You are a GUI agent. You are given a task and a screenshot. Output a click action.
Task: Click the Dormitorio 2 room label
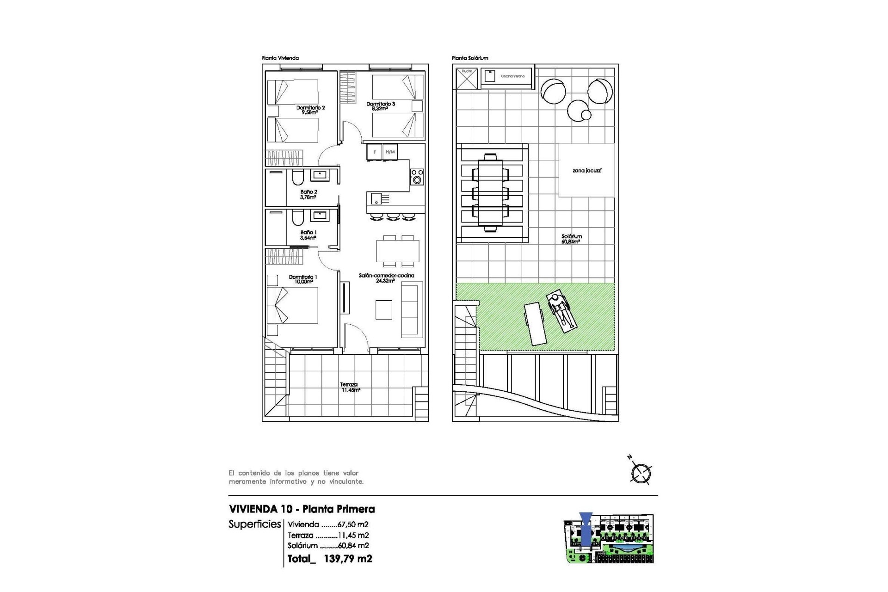pyautogui.click(x=310, y=107)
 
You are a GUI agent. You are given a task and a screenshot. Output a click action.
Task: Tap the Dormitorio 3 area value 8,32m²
pyautogui.click(x=380, y=109)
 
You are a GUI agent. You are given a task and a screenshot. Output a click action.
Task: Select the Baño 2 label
pyautogui.click(x=308, y=191)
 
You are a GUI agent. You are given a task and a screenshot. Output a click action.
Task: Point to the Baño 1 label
pyautogui.click(x=308, y=232)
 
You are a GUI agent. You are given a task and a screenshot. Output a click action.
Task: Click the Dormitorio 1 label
pyautogui.click(x=303, y=277)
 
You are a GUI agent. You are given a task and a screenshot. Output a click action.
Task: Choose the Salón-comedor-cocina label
pyautogui.click(x=386, y=275)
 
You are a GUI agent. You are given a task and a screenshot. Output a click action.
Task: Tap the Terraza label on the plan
pyautogui.click(x=349, y=384)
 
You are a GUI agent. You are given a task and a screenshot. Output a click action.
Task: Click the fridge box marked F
pyautogui.click(x=375, y=152)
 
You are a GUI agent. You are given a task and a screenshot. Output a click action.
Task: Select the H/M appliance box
pyautogui.click(x=390, y=152)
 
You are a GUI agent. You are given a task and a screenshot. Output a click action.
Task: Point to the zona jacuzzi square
pyautogui.click(x=586, y=171)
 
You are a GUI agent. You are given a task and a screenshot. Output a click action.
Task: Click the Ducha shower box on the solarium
pyautogui.click(x=467, y=78)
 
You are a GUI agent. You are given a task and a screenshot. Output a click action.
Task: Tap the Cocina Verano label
pyautogui.click(x=512, y=76)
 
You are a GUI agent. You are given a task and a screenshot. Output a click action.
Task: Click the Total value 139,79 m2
pyautogui.click(x=348, y=559)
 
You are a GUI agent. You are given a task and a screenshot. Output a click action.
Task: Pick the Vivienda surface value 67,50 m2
pyautogui.click(x=351, y=524)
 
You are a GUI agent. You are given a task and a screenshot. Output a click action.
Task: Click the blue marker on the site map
pyautogui.click(x=586, y=532)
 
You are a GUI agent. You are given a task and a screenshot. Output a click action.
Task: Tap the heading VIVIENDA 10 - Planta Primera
pyautogui.click(x=302, y=509)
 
